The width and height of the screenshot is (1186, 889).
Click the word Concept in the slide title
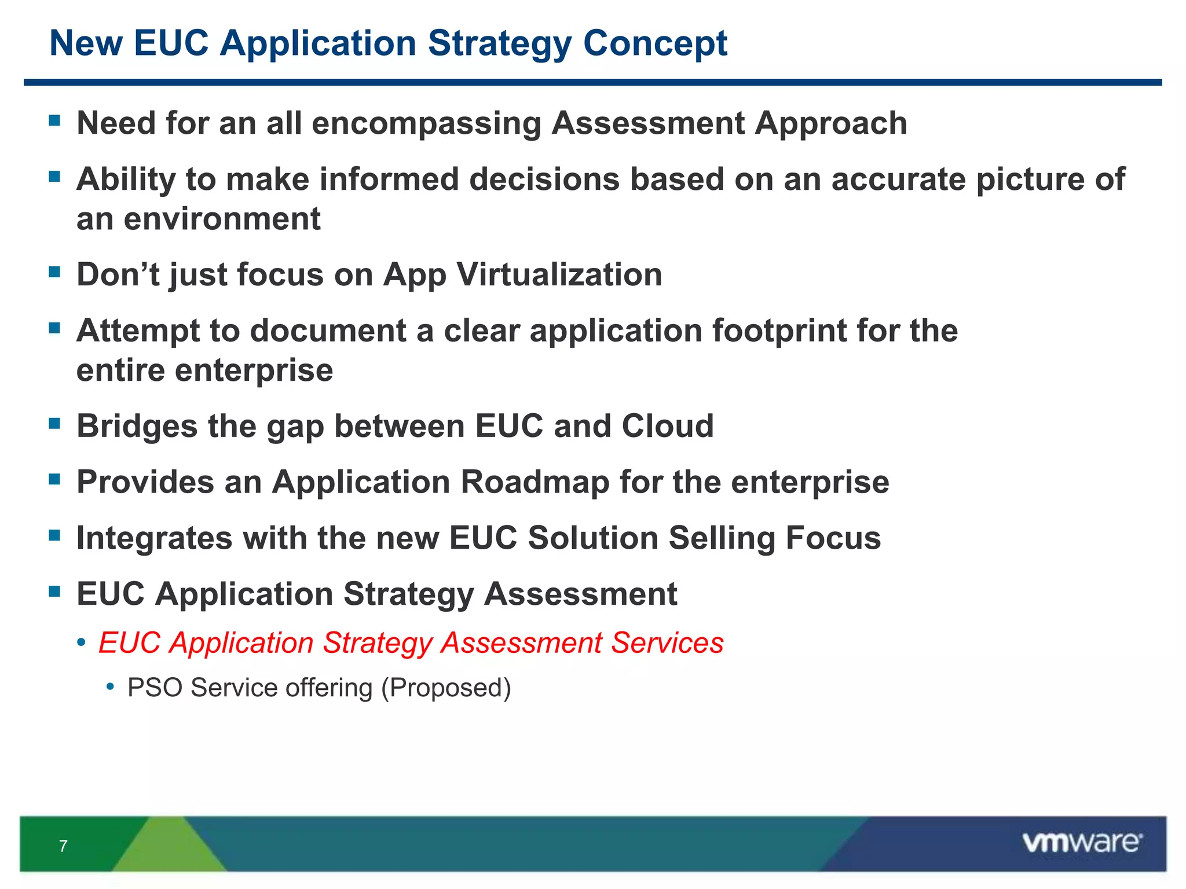(654, 44)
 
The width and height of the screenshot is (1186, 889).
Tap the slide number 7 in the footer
(63, 846)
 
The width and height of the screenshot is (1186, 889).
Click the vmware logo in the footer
(1082, 843)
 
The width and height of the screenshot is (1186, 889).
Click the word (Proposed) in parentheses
(446, 688)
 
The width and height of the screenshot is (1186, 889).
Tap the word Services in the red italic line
(667, 643)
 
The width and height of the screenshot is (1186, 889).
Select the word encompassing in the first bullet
(426, 124)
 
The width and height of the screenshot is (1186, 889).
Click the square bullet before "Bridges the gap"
(55, 424)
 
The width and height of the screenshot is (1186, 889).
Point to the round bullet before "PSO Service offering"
(111, 687)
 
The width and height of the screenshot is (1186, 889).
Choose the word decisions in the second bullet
(544, 179)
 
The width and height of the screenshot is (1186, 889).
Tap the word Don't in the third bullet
(118, 274)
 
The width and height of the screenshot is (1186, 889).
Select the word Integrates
(154, 538)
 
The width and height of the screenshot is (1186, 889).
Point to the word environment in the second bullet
(222, 219)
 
